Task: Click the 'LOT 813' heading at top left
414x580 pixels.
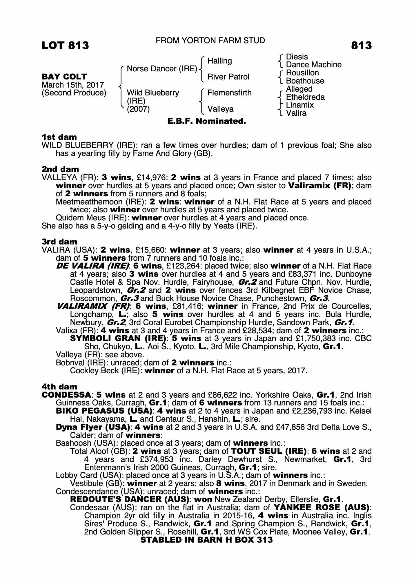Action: coord(65,46)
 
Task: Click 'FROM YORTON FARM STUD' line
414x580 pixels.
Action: coord(210,41)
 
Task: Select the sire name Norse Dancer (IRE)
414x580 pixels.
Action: coord(162,69)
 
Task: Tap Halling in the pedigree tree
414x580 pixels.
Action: coord(219,61)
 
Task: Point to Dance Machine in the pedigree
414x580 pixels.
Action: coord(313,65)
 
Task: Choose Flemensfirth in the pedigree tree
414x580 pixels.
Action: coord(229,93)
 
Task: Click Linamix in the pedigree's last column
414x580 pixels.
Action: coord(300,105)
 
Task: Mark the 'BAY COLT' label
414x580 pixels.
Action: coord(64,77)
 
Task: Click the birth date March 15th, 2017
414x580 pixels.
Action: coord(73,85)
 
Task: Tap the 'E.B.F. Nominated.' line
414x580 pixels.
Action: coord(206,121)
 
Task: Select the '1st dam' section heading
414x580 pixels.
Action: coord(59,137)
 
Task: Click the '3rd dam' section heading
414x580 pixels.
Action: coord(59,242)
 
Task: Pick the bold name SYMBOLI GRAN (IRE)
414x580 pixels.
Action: coord(118,338)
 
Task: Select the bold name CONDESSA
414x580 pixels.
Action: coord(66,395)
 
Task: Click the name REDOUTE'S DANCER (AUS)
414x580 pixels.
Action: coord(130,499)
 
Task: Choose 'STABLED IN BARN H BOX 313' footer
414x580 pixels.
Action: coord(206,540)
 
